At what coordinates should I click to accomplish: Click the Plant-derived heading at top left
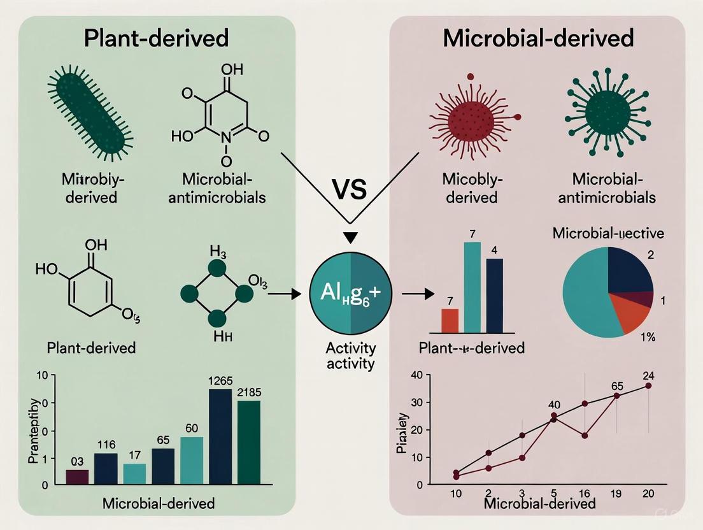pyautogui.click(x=156, y=39)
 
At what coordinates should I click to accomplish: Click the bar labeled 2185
pyautogui.click(x=249, y=442)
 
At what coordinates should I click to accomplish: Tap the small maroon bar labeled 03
pyautogui.click(x=77, y=477)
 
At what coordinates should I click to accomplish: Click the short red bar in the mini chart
pyautogui.click(x=450, y=320)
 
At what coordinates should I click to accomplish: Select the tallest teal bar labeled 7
pyautogui.click(x=472, y=287)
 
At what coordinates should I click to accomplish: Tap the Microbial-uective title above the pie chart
pyautogui.click(x=608, y=233)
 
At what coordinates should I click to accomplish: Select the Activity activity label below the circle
pyautogui.click(x=351, y=357)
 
